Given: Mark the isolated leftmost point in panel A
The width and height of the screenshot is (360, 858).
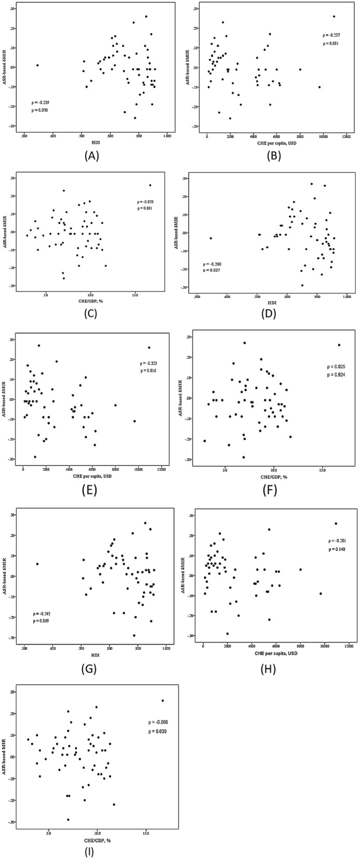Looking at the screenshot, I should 37,65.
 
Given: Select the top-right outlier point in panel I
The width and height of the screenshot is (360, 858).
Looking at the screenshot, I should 163,701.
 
